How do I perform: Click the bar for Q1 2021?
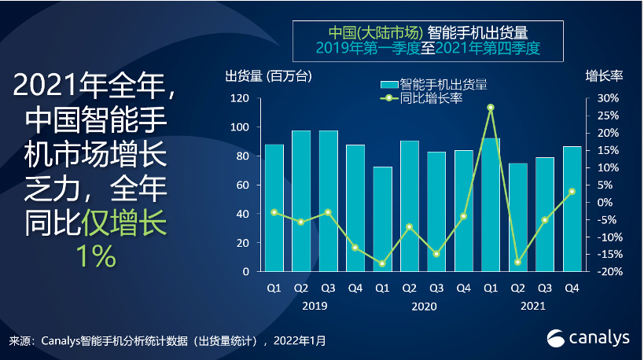[x=491, y=204]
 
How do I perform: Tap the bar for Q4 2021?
[x=572, y=208]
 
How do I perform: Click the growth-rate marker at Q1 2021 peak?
[x=491, y=107]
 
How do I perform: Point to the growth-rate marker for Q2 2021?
[x=517, y=262]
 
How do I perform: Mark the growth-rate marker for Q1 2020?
[x=382, y=263]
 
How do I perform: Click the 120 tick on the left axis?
[x=241, y=99]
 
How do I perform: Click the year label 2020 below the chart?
[x=424, y=306]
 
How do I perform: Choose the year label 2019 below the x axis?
[x=315, y=306]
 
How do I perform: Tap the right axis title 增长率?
[x=604, y=76]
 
